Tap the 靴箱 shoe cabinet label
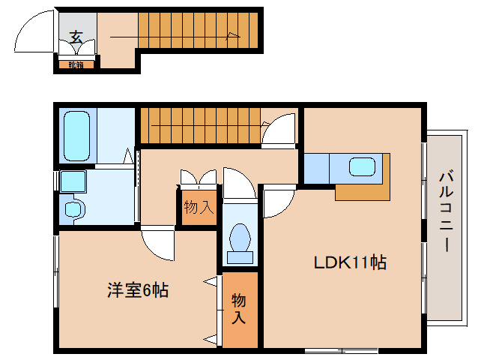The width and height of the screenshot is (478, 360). (x=76, y=64)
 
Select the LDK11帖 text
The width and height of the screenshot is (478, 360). (x=349, y=262)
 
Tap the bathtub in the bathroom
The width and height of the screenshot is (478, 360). (x=77, y=134)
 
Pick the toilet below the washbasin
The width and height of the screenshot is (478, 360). (x=73, y=209)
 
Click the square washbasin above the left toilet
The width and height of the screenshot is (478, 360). (x=73, y=181)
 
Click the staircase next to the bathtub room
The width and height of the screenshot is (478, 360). (x=202, y=125)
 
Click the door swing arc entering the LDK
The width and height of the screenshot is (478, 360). (x=276, y=201)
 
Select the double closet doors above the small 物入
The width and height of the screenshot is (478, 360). (x=198, y=178)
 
